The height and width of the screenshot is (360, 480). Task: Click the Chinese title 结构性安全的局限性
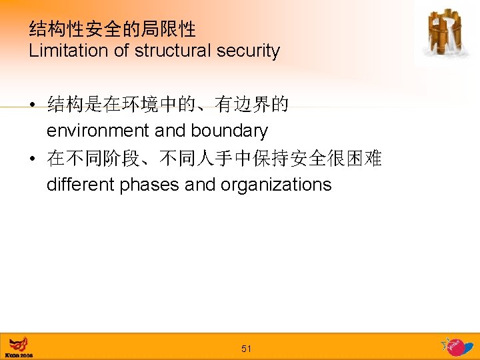tap(112, 29)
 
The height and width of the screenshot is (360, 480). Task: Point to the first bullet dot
tap(32, 105)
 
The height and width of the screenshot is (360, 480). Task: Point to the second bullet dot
tap(32, 159)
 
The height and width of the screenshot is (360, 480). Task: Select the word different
tap(81, 185)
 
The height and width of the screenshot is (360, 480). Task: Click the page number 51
tap(246, 349)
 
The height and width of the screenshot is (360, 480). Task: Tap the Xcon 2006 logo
tap(19, 347)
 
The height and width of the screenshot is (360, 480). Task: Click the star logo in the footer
tap(457, 346)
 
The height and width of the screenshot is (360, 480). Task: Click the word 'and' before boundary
tap(170, 131)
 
